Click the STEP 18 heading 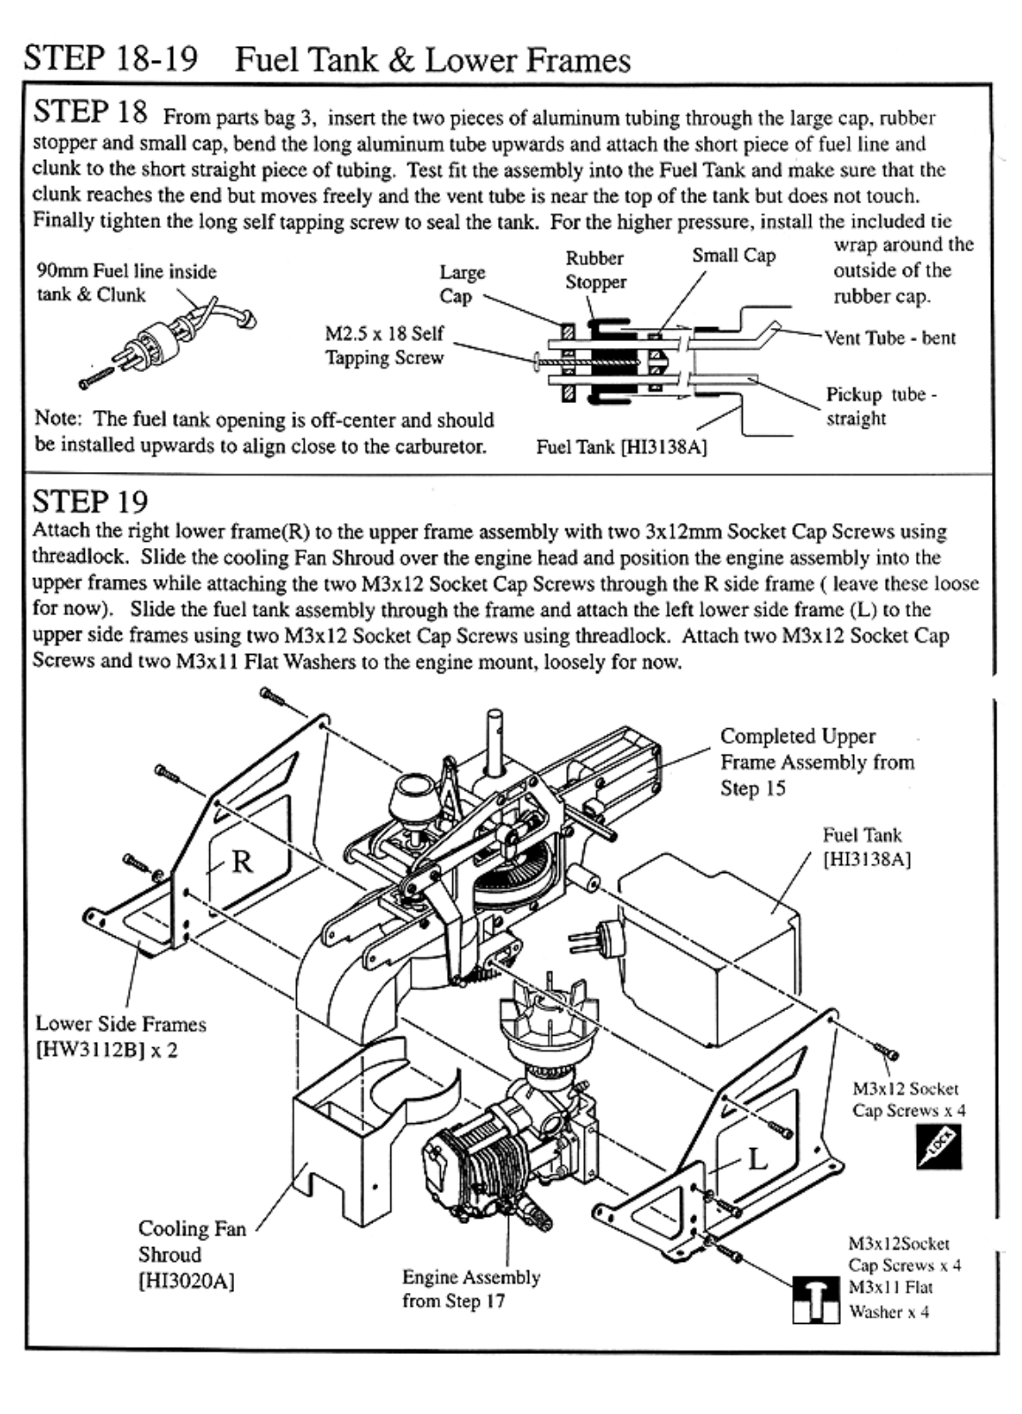click(90, 112)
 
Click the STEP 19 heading click(90, 502)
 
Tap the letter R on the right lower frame click(241, 862)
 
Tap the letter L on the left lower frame click(758, 1159)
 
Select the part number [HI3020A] click(186, 1281)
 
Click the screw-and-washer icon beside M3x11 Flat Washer click(815, 1300)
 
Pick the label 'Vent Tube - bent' click(890, 338)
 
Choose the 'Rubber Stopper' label click(595, 270)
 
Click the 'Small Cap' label click(733, 255)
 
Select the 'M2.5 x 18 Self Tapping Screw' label click(384, 346)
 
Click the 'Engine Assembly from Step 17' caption click(471, 1289)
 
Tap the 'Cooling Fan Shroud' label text click(192, 1241)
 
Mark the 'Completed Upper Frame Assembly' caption click(816, 761)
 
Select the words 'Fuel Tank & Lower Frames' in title click(433, 60)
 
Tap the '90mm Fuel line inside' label click(126, 271)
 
